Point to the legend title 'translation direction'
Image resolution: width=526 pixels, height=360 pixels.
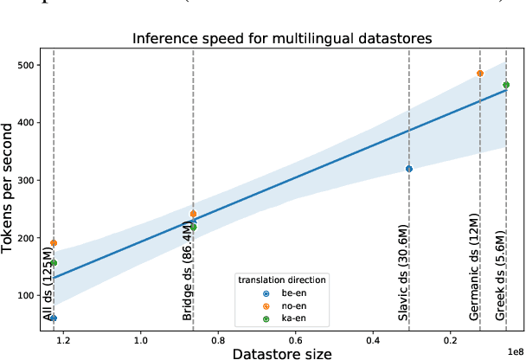pyautogui.click(x=281, y=280)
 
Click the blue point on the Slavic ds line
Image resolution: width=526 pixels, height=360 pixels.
pyautogui.click(x=409, y=169)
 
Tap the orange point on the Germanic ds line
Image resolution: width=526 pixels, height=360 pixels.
pyautogui.click(x=480, y=74)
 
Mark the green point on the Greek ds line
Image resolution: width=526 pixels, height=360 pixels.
pyautogui.click(x=506, y=85)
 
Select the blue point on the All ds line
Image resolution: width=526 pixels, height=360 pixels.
pyautogui.click(x=54, y=318)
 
